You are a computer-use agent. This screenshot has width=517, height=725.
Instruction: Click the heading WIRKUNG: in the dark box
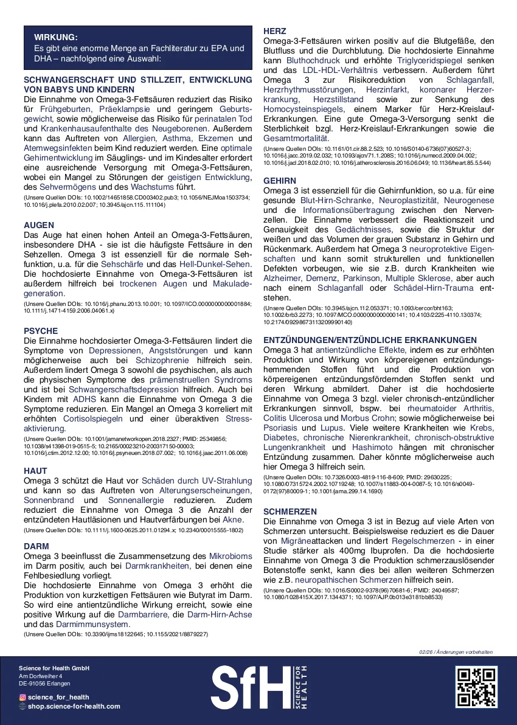point(56,37)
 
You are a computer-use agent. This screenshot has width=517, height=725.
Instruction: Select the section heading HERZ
point(274,31)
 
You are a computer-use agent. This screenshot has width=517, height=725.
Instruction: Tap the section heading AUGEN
point(38,225)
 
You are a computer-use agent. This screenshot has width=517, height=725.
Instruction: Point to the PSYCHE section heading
point(41,331)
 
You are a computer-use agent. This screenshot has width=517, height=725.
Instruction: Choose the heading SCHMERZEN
point(290,512)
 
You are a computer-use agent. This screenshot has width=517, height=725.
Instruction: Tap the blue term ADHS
point(84,400)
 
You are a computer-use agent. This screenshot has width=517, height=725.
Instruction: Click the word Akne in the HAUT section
point(233,520)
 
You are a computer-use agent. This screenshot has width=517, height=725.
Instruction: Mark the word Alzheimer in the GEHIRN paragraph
point(285,278)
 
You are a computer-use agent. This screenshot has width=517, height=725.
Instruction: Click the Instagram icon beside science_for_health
point(23,697)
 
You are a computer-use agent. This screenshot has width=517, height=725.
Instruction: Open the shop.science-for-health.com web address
point(74,706)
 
